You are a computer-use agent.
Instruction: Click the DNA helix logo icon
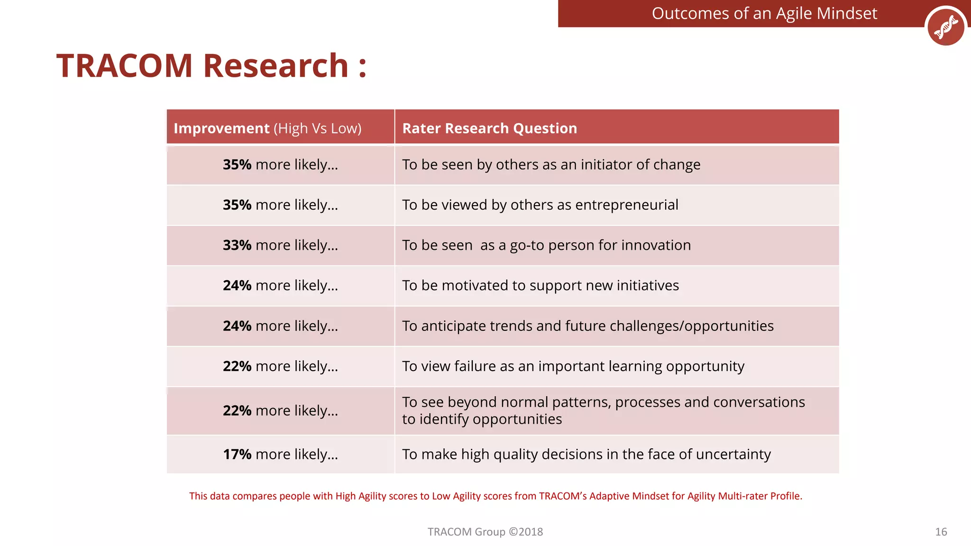[945, 27]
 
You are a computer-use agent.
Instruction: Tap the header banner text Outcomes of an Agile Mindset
[764, 13]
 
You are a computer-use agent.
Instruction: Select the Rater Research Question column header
[489, 128]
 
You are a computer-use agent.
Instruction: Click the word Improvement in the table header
[221, 128]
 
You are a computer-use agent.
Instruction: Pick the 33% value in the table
[237, 245]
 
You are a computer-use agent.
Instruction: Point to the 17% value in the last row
[237, 454]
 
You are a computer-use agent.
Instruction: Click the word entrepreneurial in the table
[626, 205]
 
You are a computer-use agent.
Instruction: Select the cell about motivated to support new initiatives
[540, 285]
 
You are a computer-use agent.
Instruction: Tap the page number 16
[941, 532]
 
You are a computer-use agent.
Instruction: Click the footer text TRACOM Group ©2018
[485, 532]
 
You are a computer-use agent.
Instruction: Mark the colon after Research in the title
[362, 67]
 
